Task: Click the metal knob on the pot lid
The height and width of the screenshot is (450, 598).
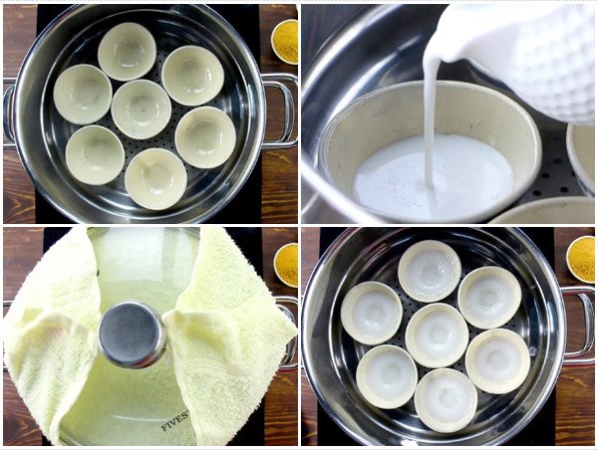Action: [x=132, y=334]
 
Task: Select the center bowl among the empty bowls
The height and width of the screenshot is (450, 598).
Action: [x=141, y=109]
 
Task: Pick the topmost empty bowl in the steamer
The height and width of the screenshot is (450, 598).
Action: [x=127, y=50]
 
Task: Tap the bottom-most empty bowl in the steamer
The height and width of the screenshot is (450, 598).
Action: [x=155, y=177]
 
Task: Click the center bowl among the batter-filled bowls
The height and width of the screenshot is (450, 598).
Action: [x=437, y=334]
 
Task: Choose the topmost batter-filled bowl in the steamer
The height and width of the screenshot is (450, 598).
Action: [x=429, y=270]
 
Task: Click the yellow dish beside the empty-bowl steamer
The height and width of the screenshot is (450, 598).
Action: [x=285, y=40]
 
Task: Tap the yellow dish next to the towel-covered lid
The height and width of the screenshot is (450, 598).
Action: [x=286, y=264]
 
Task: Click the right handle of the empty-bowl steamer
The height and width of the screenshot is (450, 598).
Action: [x=282, y=110]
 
